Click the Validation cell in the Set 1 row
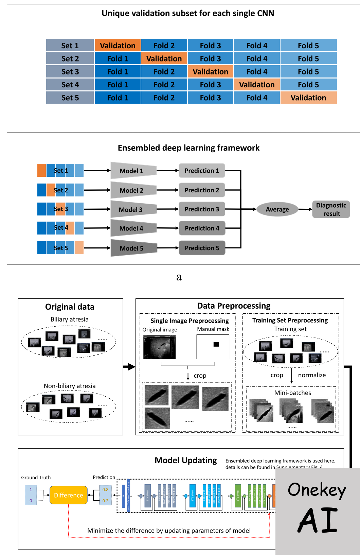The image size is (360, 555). [x=118, y=46]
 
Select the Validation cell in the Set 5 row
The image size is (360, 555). [x=308, y=98]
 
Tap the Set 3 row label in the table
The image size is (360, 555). [x=70, y=72]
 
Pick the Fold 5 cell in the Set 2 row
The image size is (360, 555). [x=308, y=59]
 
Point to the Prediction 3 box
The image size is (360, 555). [x=202, y=209]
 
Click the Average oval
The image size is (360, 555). [x=277, y=209]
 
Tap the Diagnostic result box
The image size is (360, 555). [x=331, y=209]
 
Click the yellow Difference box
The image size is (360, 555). [x=68, y=495]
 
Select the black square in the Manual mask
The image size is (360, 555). [x=216, y=344]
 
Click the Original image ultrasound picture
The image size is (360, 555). [x=159, y=347]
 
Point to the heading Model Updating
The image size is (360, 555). [x=185, y=460]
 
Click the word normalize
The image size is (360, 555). [x=312, y=375]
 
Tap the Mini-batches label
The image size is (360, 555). [x=292, y=393]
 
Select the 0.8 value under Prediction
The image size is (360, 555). [x=105, y=490]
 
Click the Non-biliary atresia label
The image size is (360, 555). [x=70, y=386]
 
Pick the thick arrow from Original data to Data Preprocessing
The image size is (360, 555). [x=129, y=367]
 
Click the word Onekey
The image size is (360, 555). [x=317, y=490]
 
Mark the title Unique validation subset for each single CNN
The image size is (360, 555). [x=188, y=13]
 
